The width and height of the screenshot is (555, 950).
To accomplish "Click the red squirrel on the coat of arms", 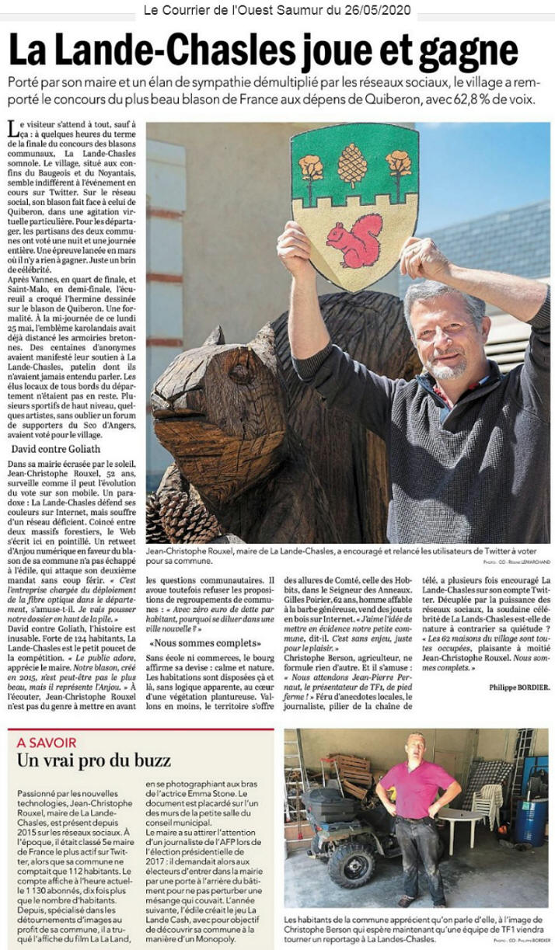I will (355, 242).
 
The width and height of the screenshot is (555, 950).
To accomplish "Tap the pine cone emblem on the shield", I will (352, 165).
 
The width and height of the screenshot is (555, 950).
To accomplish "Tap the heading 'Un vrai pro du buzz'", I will (94, 760).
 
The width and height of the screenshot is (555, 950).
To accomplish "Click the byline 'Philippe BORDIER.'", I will (519, 687).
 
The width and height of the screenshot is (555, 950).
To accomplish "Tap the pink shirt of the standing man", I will (417, 788).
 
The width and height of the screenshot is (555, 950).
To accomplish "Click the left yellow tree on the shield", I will (310, 168).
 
